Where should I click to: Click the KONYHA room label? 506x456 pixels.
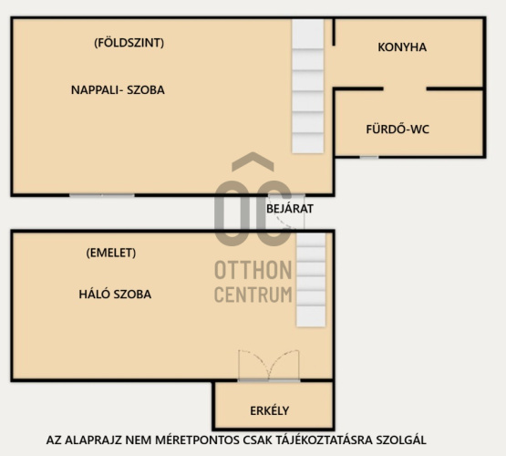point(402,47)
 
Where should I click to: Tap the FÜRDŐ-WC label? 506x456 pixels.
point(398,130)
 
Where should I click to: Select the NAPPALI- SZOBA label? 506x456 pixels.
point(118,89)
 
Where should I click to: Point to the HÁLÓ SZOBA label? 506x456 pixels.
point(115,294)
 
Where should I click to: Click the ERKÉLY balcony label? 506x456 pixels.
point(270,410)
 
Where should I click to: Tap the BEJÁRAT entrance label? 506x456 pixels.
point(289,209)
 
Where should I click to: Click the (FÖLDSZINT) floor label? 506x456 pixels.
point(129,43)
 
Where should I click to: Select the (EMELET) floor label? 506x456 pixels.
point(111,253)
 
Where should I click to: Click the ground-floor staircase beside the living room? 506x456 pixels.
point(308,86)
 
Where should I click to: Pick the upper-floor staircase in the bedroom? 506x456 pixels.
point(311,279)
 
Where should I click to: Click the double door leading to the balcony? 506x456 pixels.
point(269,366)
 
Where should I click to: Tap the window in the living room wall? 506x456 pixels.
point(102,195)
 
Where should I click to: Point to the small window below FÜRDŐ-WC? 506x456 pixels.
point(369,157)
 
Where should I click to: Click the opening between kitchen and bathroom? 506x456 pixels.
point(405,88)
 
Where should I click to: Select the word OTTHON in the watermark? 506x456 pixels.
point(253,270)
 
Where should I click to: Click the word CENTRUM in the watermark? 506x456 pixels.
point(253,295)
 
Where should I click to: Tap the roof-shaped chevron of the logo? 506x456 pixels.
point(253,161)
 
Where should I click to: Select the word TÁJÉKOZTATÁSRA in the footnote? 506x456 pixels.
point(324,440)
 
